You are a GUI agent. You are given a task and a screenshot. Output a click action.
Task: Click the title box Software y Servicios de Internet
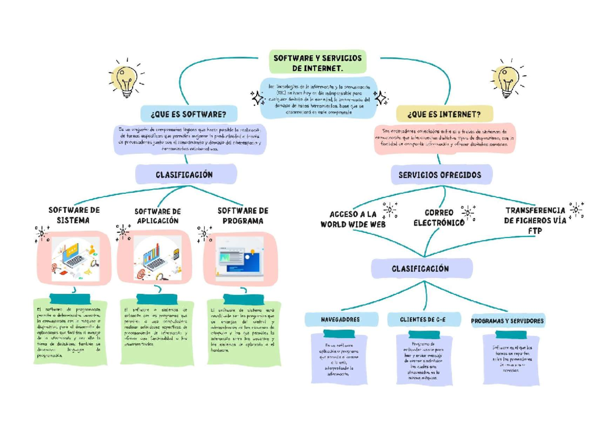(x=318, y=63)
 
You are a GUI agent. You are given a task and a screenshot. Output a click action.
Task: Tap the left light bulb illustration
(x=126, y=80)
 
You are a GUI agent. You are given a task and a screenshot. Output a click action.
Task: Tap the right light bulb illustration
(x=506, y=80)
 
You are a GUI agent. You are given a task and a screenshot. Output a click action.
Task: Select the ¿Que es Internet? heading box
(x=444, y=113)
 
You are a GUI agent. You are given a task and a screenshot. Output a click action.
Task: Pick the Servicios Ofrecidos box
(x=440, y=175)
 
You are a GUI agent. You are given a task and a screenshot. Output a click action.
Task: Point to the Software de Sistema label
(x=74, y=215)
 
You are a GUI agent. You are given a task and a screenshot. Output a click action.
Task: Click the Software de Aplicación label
(x=157, y=215)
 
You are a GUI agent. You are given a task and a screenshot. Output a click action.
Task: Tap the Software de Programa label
(x=243, y=215)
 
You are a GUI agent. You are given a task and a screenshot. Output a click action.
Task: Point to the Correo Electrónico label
(x=438, y=217)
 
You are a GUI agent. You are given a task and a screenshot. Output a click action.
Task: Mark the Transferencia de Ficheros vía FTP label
(x=535, y=220)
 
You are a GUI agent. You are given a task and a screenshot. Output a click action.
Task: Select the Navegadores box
(x=340, y=320)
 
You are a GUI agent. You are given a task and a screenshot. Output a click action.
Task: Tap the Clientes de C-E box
(x=423, y=320)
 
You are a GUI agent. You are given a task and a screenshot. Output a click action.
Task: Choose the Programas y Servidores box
(x=507, y=321)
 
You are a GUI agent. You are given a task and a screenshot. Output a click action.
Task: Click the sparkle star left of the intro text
(x=257, y=98)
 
